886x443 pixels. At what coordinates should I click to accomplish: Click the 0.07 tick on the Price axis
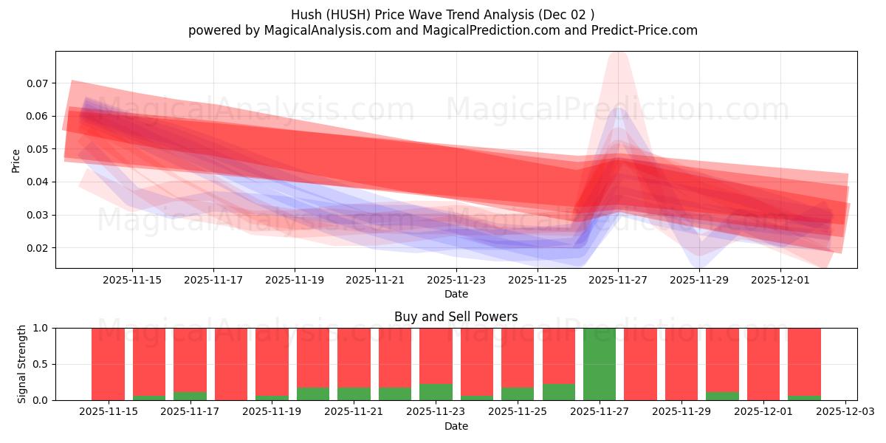coord(37,83)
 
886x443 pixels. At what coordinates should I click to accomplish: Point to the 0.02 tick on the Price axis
coord(37,248)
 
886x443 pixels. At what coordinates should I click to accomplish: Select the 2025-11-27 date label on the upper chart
coord(618,281)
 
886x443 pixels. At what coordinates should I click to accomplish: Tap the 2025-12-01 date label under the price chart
coord(780,281)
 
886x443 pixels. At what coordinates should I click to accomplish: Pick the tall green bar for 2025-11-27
coord(600,364)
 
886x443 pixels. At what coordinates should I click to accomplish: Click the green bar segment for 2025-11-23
coord(436,392)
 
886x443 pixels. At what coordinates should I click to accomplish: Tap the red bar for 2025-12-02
coord(804,362)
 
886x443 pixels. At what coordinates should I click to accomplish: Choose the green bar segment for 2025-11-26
coord(559,392)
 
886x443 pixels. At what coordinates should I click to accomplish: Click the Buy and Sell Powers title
coord(456,317)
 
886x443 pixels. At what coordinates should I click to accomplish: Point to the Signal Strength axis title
coord(22,364)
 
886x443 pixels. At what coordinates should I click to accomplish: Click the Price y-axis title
coord(16,160)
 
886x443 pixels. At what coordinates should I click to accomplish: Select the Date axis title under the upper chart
coord(456,294)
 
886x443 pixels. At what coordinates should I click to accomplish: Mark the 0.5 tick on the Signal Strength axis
coord(41,364)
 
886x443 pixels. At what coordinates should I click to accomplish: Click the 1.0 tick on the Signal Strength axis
coord(41,328)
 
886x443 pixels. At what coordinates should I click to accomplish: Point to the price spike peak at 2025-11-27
coord(618,53)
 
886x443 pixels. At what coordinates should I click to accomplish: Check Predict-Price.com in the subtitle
coord(639,30)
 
